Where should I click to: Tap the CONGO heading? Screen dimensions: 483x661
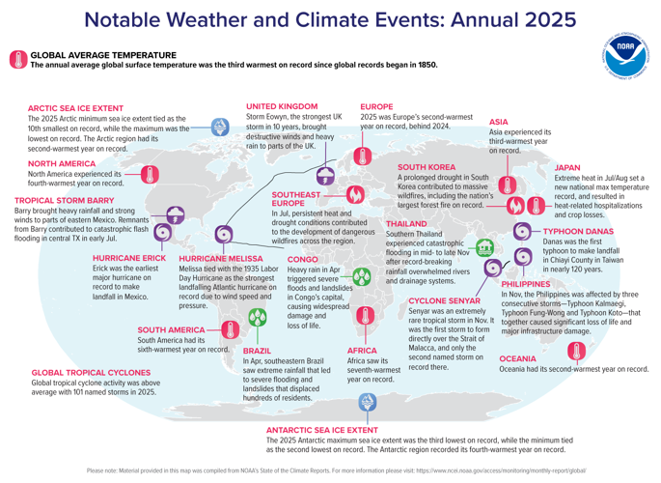click(304, 260)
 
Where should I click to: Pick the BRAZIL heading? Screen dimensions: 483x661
click(257, 350)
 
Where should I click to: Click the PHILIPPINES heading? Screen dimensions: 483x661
click(530, 285)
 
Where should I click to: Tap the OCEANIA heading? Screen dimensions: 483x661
click(522, 357)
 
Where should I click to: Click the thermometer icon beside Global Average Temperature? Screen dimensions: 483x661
click(17, 60)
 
